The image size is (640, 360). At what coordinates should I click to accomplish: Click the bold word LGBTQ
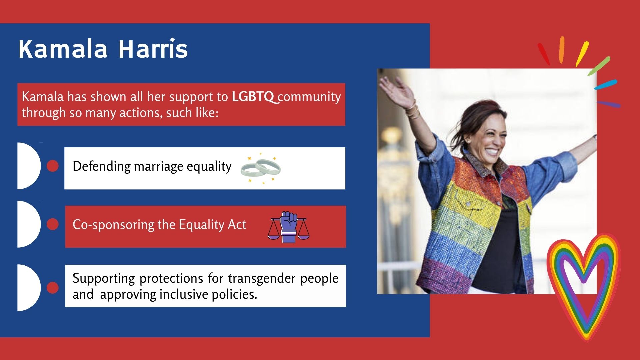(253, 97)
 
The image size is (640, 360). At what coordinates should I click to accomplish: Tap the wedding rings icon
(261, 169)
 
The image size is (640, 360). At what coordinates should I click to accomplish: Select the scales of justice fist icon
(289, 227)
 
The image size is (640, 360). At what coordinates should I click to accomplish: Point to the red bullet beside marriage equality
(53, 166)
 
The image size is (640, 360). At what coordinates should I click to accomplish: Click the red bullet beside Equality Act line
(53, 224)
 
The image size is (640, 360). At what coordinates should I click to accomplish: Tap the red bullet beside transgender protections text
(53, 288)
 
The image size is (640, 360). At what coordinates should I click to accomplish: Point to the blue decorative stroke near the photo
(606, 84)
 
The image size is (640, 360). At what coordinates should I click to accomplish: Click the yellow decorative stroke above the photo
(582, 54)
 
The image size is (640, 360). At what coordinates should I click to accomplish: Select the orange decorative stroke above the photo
(562, 50)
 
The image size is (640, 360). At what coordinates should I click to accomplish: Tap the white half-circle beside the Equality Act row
(29, 224)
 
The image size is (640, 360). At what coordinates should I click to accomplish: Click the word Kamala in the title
(63, 49)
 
